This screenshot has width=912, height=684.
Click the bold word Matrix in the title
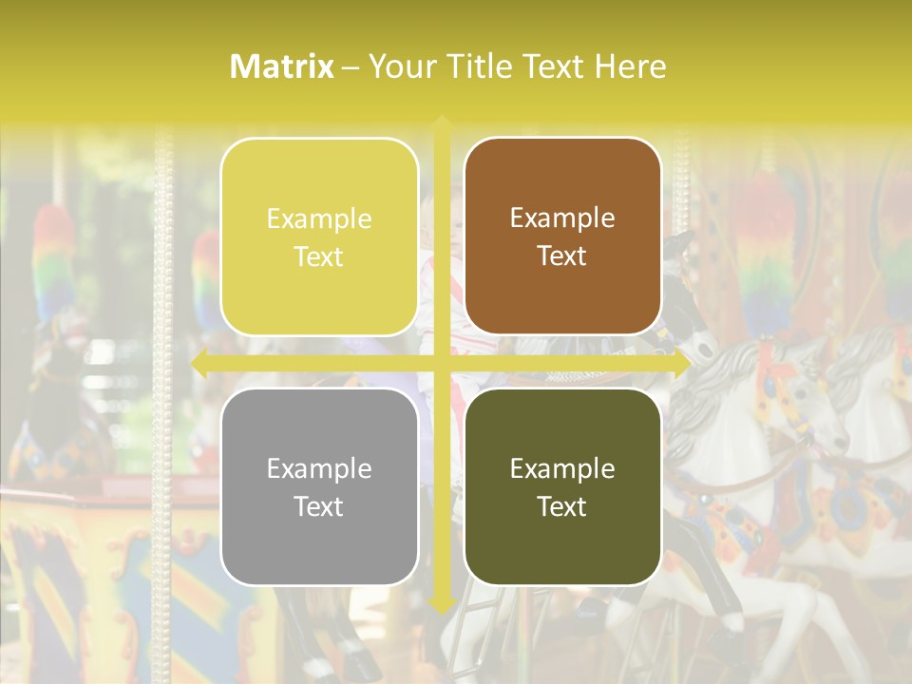282,66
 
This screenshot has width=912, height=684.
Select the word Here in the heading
630,66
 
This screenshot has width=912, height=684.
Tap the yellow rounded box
319,237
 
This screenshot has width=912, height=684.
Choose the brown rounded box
562,237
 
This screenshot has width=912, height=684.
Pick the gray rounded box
319,487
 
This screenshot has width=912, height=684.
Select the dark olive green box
562,487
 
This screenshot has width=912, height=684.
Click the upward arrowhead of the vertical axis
441,123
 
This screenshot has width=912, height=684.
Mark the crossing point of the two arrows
441,363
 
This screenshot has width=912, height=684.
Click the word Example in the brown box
562,218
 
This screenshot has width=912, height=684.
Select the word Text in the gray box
319,506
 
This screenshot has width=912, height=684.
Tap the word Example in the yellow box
319,219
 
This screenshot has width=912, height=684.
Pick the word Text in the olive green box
562,506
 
